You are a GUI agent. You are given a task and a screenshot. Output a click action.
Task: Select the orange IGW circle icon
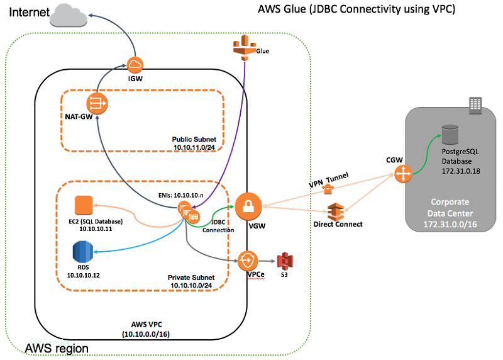(135, 64)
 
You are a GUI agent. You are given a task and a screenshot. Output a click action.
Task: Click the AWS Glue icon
(243, 46)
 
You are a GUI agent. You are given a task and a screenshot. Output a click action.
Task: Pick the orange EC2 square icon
(84, 205)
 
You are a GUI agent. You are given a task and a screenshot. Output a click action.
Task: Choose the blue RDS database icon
(82, 251)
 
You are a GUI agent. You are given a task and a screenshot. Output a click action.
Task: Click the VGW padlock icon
(247, 206)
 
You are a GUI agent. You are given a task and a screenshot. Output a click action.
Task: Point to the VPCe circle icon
(248, 259)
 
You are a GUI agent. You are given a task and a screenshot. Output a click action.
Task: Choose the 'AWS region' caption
(56, 348)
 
